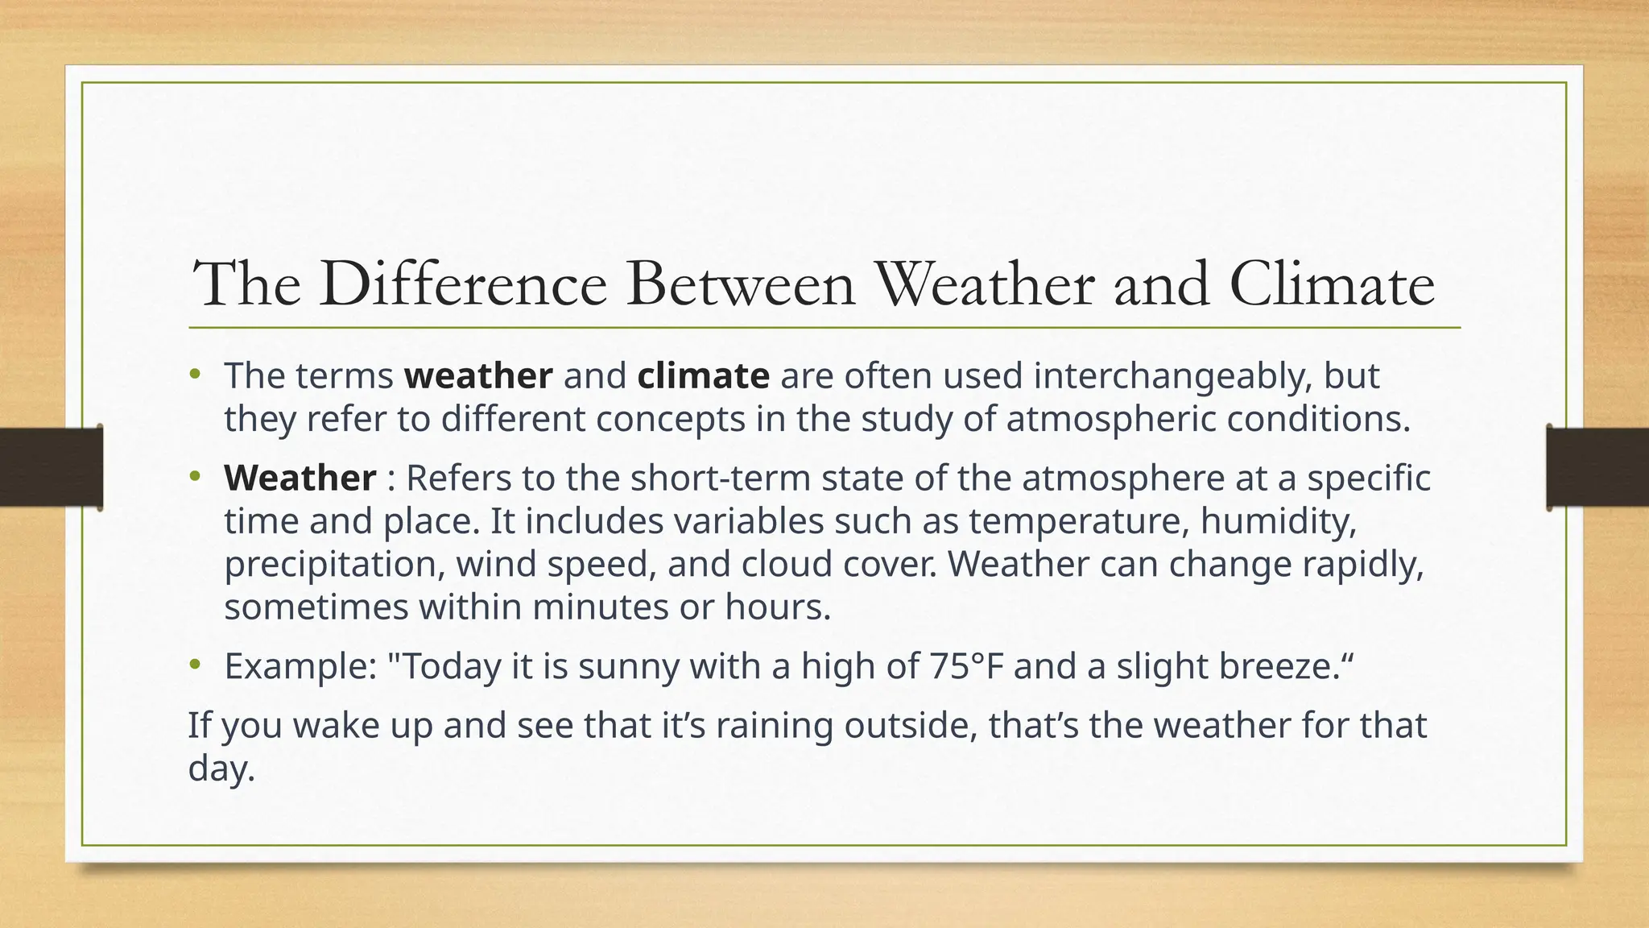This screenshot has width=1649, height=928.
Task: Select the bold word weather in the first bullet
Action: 478,376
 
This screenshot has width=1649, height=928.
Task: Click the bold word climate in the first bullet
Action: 703,376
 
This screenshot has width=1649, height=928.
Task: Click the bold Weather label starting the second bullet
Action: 300,478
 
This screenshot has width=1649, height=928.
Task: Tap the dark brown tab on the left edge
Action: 51,467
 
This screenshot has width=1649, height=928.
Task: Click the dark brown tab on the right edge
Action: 1597,467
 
